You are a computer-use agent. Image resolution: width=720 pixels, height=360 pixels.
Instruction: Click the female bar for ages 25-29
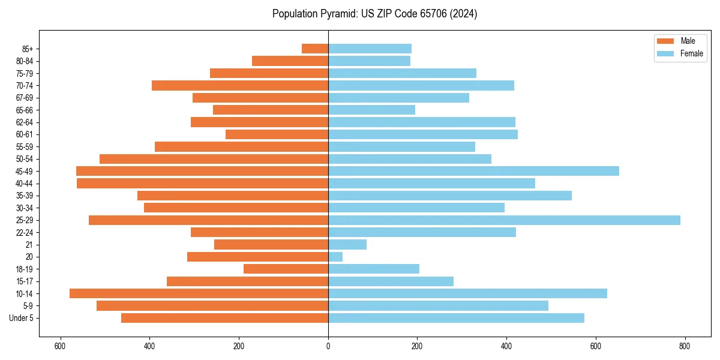504,220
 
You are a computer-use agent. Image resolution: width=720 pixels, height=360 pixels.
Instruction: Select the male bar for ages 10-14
199,293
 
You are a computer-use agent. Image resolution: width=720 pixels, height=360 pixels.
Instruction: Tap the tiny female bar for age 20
335,257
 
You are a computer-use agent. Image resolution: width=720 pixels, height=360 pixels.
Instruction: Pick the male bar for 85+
315,49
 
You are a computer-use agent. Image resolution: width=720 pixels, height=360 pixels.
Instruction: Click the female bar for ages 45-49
473,171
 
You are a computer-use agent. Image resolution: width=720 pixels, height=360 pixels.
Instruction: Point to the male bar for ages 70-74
240,85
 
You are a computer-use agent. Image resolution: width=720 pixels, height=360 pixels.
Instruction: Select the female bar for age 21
347,245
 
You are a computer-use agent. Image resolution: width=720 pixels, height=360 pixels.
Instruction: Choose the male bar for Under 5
224,318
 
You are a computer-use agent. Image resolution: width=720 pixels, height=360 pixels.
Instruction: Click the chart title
374,14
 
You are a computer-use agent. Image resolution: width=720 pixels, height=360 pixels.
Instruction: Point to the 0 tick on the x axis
328,346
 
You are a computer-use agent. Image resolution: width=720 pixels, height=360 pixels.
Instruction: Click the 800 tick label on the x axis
685,346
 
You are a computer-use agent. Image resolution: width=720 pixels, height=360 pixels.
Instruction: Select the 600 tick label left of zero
60,346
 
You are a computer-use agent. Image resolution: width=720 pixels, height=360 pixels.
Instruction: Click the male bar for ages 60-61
277,134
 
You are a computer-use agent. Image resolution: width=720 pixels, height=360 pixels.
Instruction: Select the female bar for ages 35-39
450,196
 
